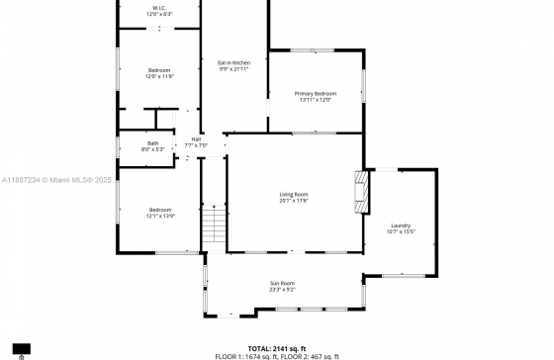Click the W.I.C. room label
pos(159,9)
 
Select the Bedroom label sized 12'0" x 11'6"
pos(160,70)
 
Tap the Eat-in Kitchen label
pos(234,63)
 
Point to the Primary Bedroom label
pos(316,93)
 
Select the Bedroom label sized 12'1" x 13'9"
pos(160,210)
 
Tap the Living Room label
pos(294,194)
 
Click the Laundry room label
pos(401,225)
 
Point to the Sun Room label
pos(283,283)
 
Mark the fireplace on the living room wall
pos(363,191)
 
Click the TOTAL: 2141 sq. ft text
pos(276,348)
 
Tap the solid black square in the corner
pos(22,348)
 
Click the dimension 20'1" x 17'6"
pos(294,201)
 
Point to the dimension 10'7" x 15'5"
pos(401,232)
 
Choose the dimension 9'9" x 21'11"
pos(234,69)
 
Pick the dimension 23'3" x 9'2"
pos(283,290)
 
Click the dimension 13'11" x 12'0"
pos(316,100)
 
